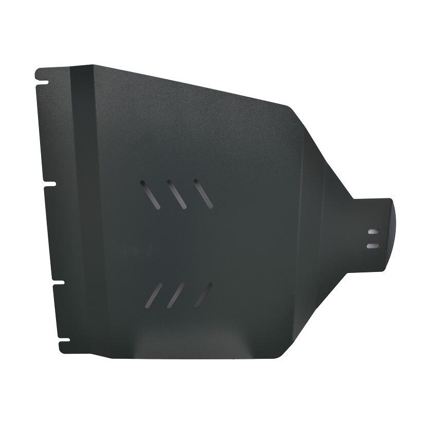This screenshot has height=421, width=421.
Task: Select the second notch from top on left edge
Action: pos(49,183)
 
